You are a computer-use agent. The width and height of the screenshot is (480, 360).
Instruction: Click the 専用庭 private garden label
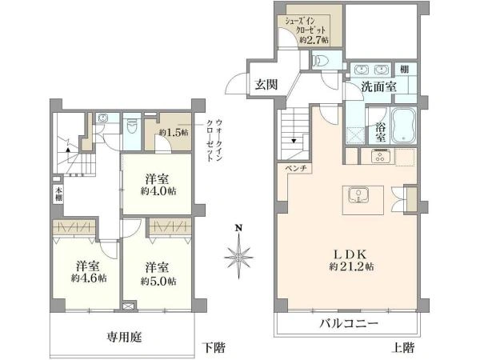pyautogui.click(x=125, y=338)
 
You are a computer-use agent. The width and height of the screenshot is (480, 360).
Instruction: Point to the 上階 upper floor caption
pyautogui.click(x=403, y=348)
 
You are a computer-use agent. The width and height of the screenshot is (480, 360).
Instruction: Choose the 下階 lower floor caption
pyautogui.click(x=212, y=348)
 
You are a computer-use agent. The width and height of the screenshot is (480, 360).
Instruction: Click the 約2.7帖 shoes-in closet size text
pyautogui.click(x=310, y=36)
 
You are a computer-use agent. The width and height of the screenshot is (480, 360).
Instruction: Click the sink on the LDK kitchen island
pyautogui.click(x=358, y=195)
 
